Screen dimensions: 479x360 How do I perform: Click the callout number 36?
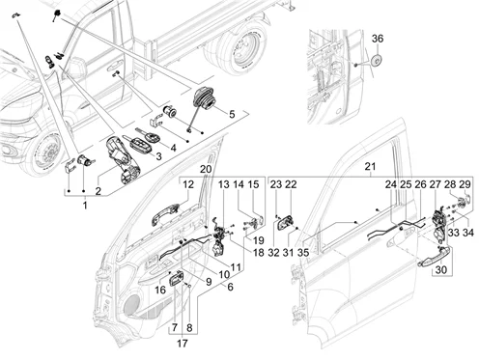click(x=378, y=39)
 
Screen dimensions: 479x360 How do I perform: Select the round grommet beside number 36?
click(x=376, y=60)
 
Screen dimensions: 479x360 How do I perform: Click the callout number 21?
click(x=371, y=167)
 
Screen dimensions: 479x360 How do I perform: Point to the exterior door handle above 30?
click(x=434, y=258)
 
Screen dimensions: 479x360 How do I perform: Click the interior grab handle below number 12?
click(x=166, y=214)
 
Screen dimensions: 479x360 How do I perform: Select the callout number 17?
click(x=183, y=344)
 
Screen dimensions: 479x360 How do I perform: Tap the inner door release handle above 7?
click(x=177, y=279)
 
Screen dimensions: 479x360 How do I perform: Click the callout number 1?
click(x=85, y=205)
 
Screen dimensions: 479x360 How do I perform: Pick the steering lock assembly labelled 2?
click(x=123, y=160)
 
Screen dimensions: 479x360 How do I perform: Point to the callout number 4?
click(x=173, y=148)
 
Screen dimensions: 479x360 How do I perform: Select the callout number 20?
click(x=206, y=169)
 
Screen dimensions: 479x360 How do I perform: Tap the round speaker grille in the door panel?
click(x=132, y=304)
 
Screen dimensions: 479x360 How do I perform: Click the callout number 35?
click(x=303, y=253)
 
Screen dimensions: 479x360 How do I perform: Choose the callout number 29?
click(x=465, y=184)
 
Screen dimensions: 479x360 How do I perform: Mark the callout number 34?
click(x=467, y=233)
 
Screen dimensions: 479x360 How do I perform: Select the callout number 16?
click(x=160, y=291)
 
